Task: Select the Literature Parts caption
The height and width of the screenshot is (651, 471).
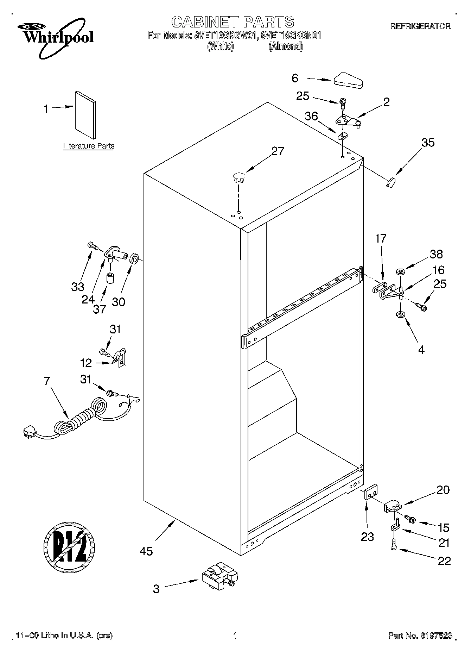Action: [x=89, y=146]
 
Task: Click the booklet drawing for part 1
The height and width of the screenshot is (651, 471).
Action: [x=85, y=115]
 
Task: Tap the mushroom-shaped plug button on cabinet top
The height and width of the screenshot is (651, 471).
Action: [x=238, y=177]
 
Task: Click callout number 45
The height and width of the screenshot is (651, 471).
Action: [x=146, y=551]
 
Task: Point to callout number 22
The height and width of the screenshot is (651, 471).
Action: [x=444, y=561]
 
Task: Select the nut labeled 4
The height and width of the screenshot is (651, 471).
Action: [x=400, y=314]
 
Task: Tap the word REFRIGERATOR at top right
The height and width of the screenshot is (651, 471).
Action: [x=420, y=26]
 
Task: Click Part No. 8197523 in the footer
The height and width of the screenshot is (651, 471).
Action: [x=420, y=636]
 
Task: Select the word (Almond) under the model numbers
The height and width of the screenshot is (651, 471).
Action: [x=285, y=46]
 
